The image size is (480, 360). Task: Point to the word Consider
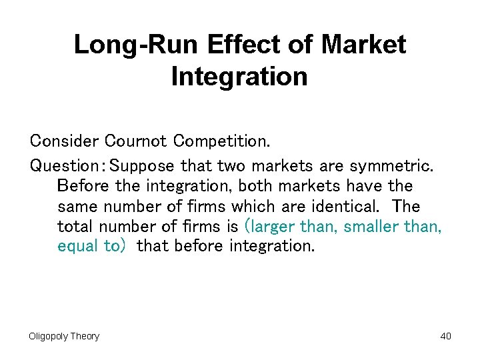[x=64, y=141]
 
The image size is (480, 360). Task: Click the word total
[x=76, y=225]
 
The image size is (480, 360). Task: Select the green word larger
[x=271, y=226]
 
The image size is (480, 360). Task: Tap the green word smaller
[x=370, y=225]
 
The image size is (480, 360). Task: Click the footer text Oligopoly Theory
[x=64, y=336]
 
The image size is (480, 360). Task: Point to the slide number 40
[x=445, y=336]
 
